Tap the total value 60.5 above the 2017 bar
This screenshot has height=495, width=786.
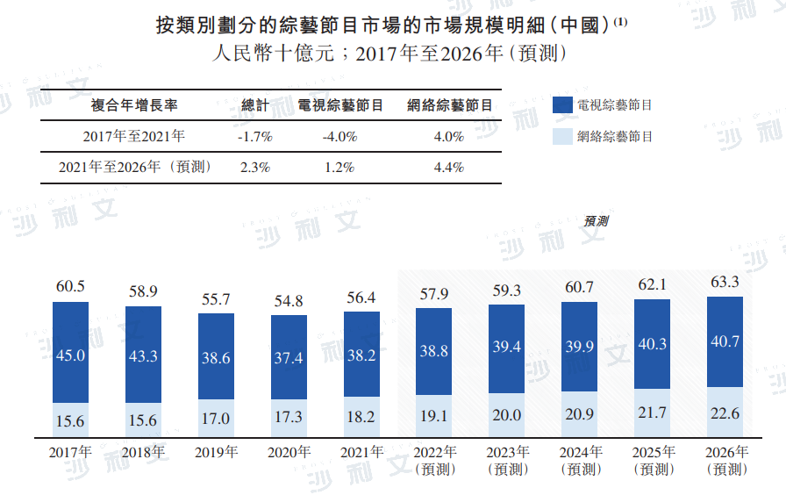70,286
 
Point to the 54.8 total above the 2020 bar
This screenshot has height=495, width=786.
289,301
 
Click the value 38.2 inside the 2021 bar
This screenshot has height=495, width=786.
361,356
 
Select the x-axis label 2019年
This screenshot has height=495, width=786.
216,453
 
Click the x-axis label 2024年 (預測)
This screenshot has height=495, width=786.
579,461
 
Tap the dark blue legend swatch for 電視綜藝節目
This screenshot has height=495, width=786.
562,105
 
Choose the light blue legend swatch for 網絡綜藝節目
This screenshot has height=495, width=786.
562,136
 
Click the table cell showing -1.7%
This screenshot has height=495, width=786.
255,137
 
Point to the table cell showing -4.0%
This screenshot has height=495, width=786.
339,137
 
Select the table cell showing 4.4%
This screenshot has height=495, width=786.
448,167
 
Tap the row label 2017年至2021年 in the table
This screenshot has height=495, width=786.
134,137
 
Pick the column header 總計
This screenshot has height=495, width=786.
255,105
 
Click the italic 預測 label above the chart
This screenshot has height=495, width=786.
596,221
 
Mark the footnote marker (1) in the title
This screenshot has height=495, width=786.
621,21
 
